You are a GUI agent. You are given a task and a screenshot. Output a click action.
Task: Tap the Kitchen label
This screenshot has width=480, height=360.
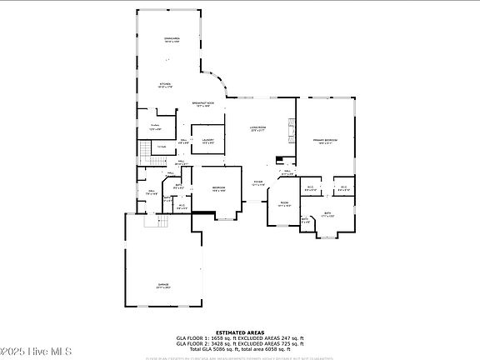165,85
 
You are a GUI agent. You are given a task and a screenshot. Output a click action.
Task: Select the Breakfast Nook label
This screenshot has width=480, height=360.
205,104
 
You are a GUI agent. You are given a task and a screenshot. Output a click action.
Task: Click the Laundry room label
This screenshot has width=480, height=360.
208,141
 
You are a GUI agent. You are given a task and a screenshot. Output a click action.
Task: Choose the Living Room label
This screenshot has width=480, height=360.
257,129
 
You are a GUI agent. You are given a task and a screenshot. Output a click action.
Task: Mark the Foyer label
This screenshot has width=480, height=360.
258,182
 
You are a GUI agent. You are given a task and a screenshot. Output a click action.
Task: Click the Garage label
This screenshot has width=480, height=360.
163,286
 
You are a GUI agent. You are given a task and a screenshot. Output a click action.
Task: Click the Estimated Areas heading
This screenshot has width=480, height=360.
239,332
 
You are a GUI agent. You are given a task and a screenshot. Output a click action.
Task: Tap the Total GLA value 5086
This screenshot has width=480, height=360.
226,348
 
